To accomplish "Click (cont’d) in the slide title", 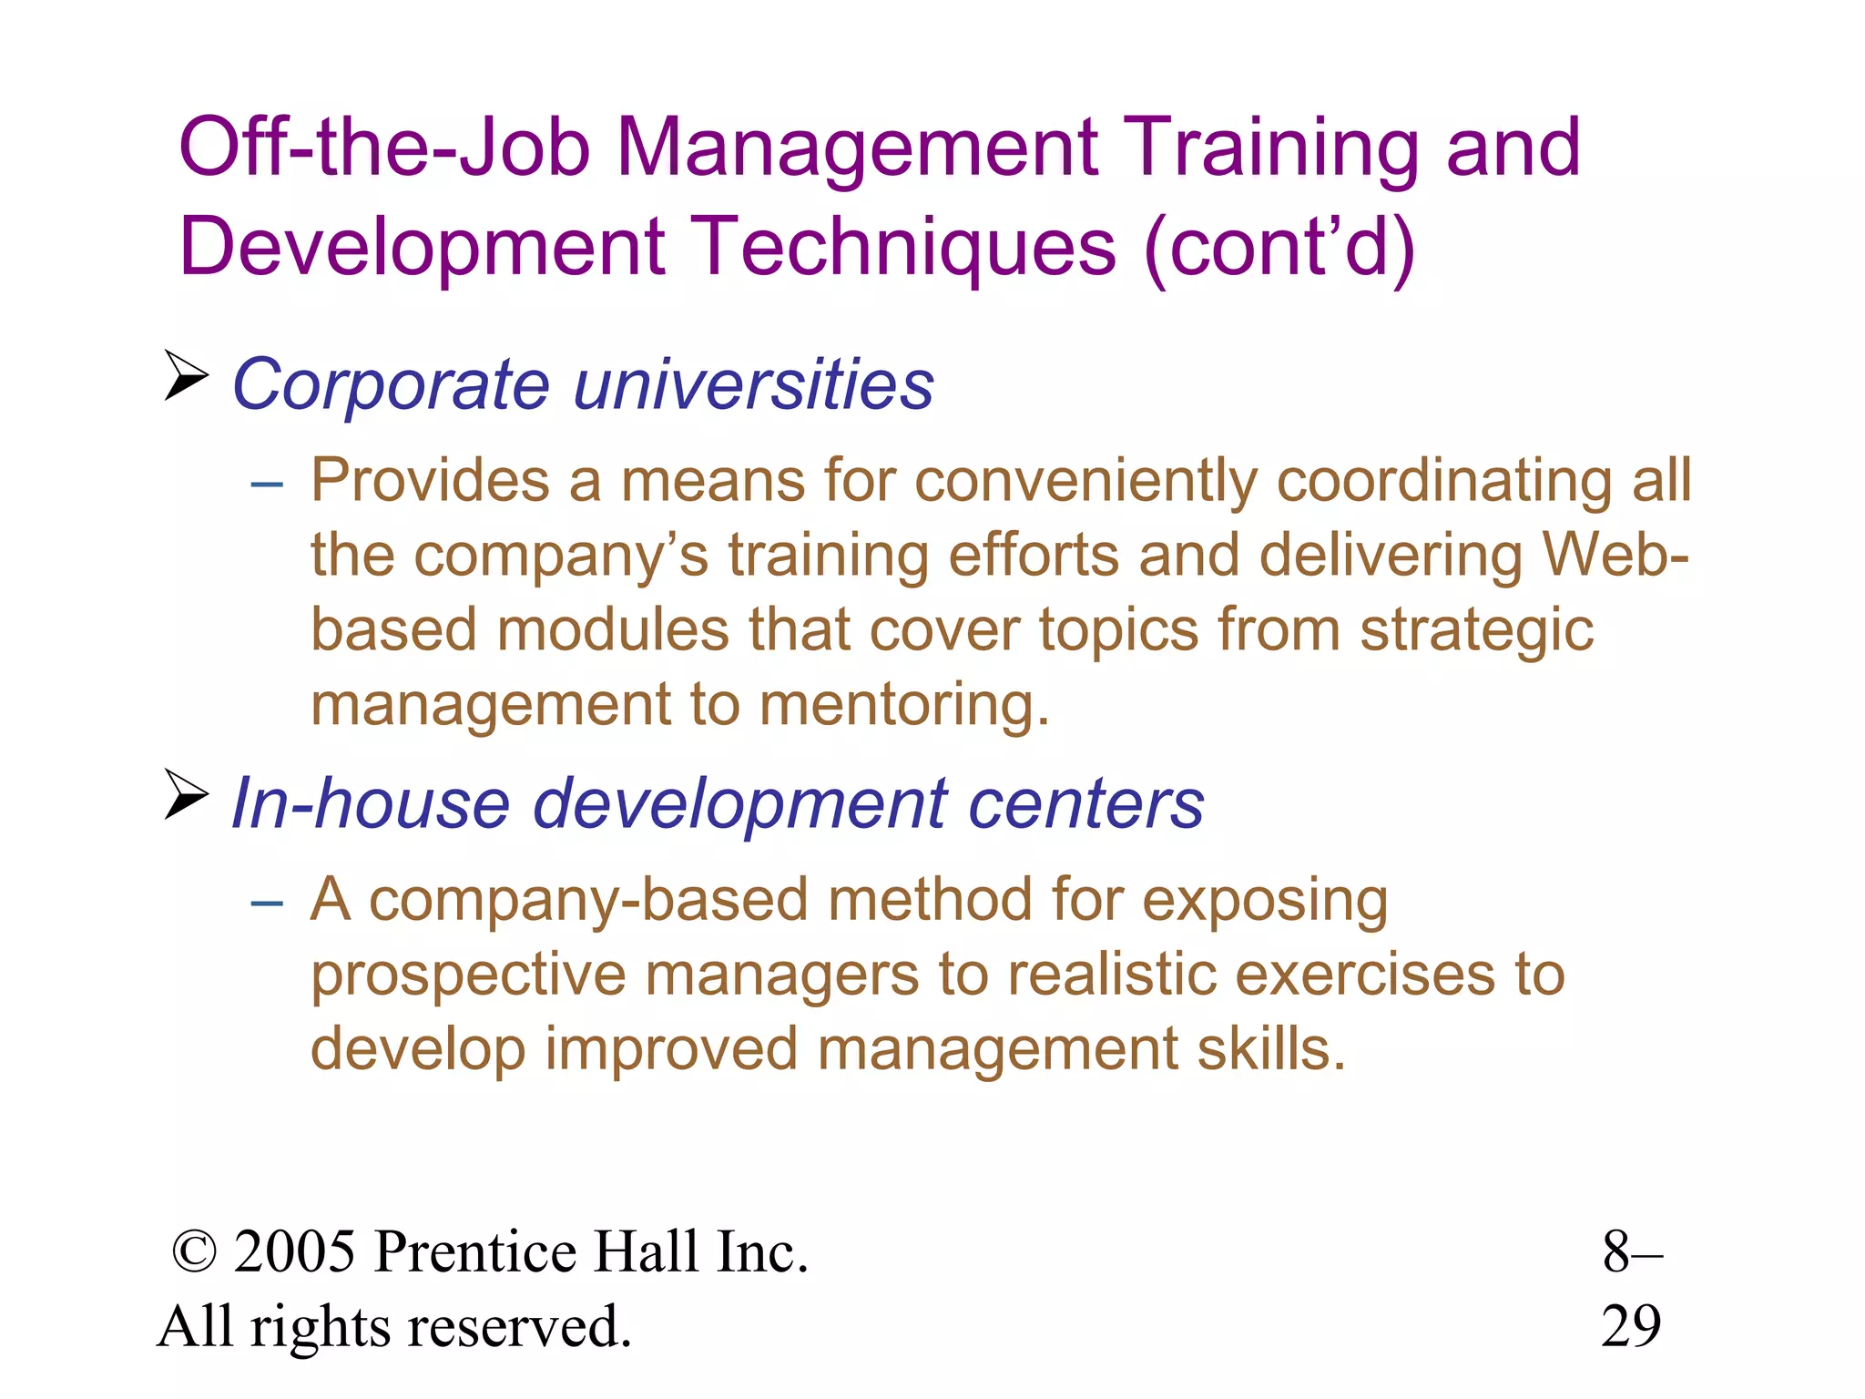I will (1279, 247).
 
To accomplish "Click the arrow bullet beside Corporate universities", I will (186, 375).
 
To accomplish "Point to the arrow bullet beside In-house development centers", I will (186, 794).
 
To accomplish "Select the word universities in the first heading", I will (753, 384).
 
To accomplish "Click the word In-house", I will (370, 803).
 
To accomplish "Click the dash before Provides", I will (267, 484).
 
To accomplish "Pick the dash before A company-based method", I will (267, 903).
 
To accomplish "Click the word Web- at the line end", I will (1615, 555).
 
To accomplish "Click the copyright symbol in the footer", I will (195, 1252).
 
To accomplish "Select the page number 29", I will (1631, 1326).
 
